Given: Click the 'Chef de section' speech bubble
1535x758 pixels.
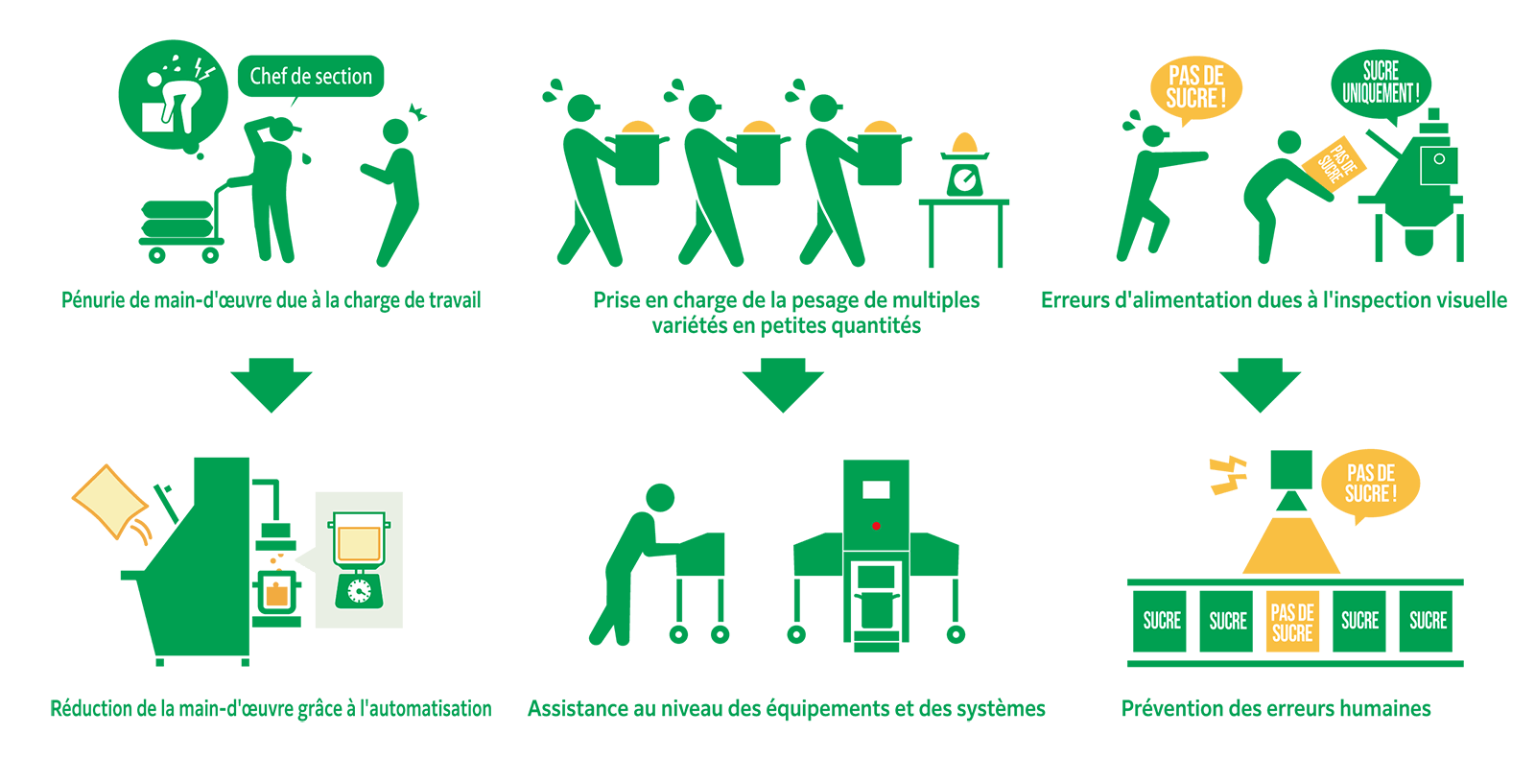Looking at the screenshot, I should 310,77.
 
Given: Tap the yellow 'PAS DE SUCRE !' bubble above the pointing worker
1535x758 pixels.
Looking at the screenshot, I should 1195,87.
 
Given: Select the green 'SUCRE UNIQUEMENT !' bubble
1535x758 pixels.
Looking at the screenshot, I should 1381,83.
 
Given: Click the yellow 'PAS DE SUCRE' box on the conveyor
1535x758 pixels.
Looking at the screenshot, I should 1292,622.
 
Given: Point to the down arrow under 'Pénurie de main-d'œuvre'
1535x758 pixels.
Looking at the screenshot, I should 272,385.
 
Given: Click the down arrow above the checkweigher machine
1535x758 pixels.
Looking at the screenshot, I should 783,385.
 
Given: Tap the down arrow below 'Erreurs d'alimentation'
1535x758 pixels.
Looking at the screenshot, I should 1260,385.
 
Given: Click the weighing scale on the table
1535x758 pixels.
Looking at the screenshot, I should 964,169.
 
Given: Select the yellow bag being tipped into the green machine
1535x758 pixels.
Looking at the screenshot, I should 109,500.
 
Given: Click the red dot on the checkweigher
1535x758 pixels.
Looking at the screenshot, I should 876,526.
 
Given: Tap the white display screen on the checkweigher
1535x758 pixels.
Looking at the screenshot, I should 876,490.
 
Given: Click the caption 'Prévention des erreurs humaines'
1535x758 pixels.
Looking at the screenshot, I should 1276,709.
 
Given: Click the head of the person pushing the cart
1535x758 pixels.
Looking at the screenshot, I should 660,497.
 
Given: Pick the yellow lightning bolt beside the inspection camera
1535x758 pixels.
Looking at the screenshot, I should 1227,474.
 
